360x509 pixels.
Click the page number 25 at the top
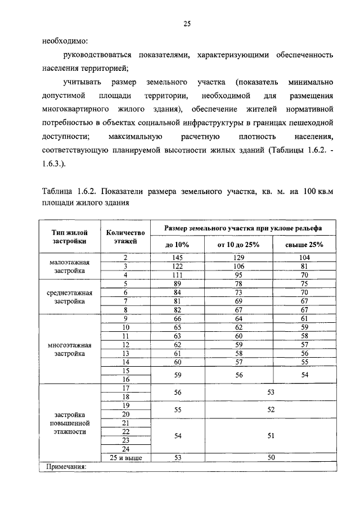(x=187, y=23)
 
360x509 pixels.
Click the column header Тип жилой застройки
(x=69, y=236)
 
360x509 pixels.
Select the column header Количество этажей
(x=125, y=236)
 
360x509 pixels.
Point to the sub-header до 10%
(x=177, y=245)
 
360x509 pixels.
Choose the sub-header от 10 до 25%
(x=238, y=245)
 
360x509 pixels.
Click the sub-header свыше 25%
(x=304, y=245)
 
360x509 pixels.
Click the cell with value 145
(x=177, y=257)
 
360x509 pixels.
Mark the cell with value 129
(x=238, y=257)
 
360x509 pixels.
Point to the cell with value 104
(x=304, y=257)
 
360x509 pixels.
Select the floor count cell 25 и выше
(x=125, y=458)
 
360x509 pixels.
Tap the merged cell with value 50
(x=271, y=458)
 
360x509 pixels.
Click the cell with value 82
(x=177, y=309)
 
